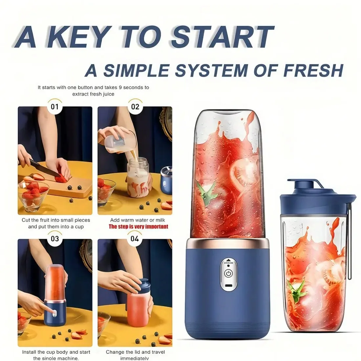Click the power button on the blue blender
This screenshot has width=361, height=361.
coord(228,273)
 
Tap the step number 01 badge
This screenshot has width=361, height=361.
coord(55,107)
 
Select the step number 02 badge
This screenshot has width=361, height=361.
coord(135,107)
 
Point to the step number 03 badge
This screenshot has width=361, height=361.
coord(55,239)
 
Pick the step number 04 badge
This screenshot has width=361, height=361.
coord(135,239)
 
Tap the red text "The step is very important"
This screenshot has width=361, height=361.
coord(138,227)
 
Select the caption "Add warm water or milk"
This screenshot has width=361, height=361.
coord(138,220)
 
